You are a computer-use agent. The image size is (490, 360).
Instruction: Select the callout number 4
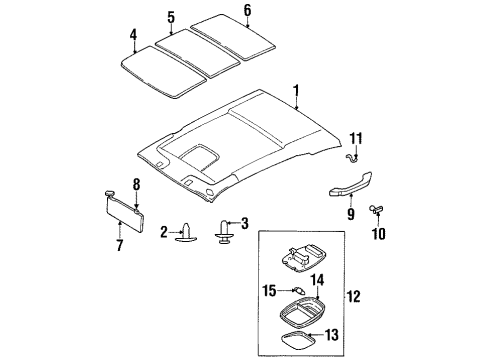tap(133, 40)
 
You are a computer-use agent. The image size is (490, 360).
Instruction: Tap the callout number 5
tap(171, 17)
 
